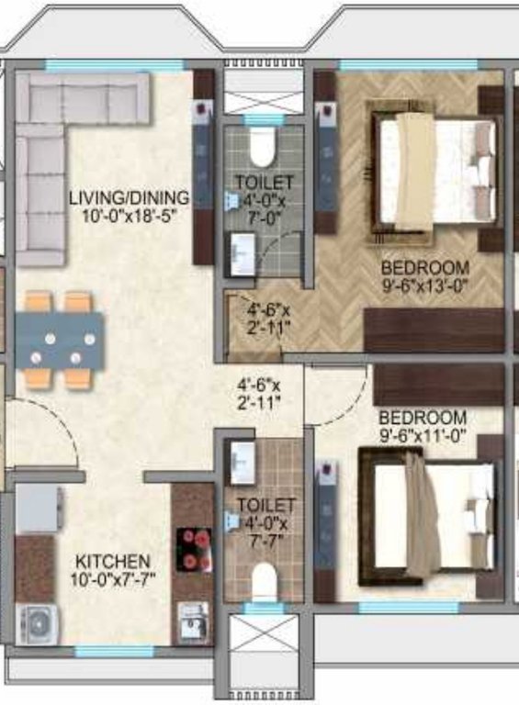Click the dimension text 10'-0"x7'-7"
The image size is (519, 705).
point(113,578)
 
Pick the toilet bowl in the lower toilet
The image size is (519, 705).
point(265,580)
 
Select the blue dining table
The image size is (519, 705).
point(59,339)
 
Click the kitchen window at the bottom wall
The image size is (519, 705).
point(101,651)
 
